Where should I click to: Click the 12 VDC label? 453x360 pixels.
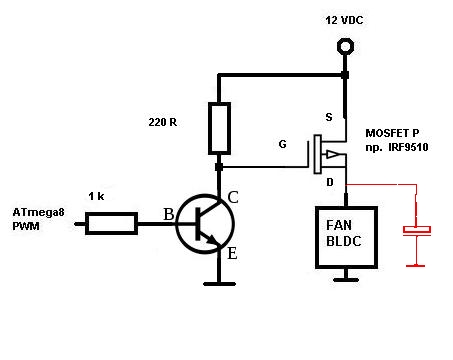tap(345, 20)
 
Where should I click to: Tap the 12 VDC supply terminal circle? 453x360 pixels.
tap(346, 46)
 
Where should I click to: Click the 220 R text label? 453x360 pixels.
tap(163, 123)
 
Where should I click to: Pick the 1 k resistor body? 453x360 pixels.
tap(111, 223)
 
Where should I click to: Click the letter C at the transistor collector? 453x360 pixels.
tap(233, 197)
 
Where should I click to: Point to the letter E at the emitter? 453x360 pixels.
tap(232, 254)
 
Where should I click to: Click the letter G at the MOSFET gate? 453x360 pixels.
tap(282, 144)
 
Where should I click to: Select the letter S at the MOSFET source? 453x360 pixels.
tap(326, 116)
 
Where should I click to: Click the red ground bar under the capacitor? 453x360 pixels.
tap(416, 265)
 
